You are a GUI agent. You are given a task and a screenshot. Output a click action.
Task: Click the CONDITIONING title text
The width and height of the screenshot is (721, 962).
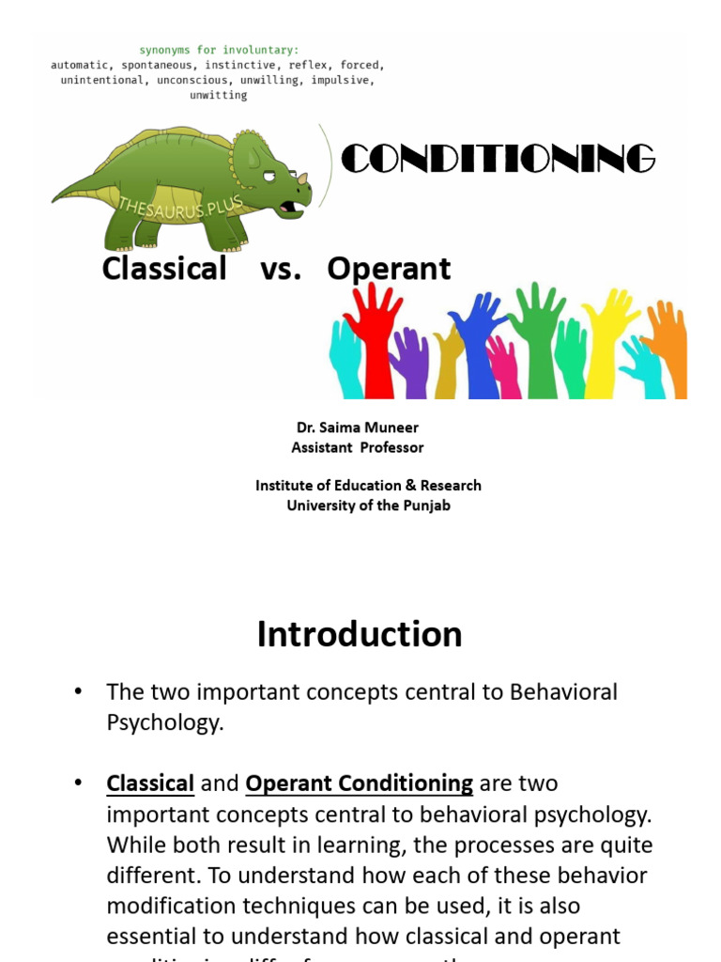(497, 159)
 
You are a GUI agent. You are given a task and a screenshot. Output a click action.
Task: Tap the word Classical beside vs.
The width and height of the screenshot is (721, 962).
(164, 269)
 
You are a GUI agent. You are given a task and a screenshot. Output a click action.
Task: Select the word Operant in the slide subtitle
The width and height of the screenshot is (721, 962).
(389, 269)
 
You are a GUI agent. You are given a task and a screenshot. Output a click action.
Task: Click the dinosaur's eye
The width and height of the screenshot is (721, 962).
(269, 176)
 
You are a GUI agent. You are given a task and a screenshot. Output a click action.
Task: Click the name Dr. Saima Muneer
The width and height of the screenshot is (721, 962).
(358, 427)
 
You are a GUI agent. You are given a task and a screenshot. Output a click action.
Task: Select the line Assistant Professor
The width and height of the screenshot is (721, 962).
(358, 447)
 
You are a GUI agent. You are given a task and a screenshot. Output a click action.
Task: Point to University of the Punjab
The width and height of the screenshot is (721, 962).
(368, 505)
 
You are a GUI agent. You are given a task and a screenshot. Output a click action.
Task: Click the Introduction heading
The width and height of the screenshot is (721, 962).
(360, 634)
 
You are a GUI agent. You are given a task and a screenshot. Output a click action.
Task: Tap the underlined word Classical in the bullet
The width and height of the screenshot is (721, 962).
(150, 783)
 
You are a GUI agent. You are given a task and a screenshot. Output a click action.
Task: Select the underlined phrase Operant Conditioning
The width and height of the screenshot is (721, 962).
(359, 783)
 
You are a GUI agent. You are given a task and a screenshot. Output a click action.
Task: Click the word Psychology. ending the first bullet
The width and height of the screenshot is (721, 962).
(165, 724)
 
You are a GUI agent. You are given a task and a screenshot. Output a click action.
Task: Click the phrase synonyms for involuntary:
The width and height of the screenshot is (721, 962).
(218, 49)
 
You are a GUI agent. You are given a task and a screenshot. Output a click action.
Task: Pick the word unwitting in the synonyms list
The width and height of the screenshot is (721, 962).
(218, 95)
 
